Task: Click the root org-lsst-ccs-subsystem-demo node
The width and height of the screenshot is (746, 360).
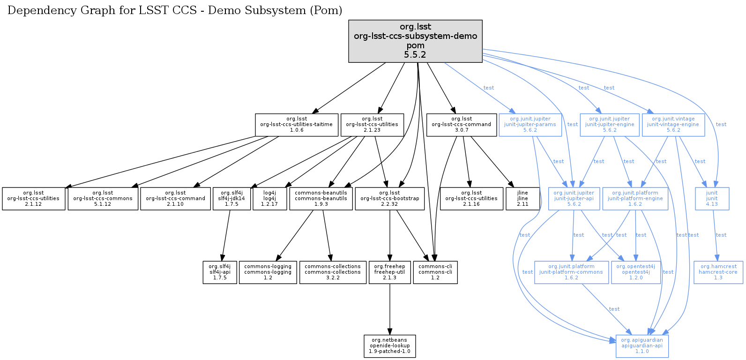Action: (x=415, y=41)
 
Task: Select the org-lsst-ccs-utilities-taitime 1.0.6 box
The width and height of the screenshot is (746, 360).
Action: (x=296, y=125)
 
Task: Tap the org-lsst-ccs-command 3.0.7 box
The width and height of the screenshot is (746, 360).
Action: (x=461, y=125)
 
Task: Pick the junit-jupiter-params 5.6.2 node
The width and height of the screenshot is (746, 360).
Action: (x=530, y=125)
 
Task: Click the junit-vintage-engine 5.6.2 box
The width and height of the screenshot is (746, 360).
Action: (x=673, y=125)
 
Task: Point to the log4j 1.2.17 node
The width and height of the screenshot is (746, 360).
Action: (x=270, y=199)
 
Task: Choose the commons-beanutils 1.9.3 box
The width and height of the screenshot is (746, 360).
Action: (x=321, y=199)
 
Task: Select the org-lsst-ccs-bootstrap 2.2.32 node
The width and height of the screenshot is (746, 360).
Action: (x=389, y=199)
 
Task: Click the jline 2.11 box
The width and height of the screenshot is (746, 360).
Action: (x=522, y=199)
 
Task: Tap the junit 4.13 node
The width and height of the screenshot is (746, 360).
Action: (x=712, y=199)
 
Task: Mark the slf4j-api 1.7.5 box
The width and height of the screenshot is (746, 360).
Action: (x=220, y=272)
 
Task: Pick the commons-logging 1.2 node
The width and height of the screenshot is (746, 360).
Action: (x=268, y=272)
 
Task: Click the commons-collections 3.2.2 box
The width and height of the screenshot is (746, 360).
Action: (x=333, y=272)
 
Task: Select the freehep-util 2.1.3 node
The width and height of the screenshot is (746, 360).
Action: (x=389, y=272)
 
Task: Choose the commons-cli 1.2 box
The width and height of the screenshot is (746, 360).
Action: (x=435, y=272)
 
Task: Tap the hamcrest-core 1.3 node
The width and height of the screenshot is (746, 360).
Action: (x=718, y=272)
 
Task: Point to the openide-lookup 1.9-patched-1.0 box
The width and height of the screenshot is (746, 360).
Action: (x=389, y=346)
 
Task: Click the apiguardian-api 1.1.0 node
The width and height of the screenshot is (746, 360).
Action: (x=642, y=346)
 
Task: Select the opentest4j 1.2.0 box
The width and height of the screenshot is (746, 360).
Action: (x=636, y=272)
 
